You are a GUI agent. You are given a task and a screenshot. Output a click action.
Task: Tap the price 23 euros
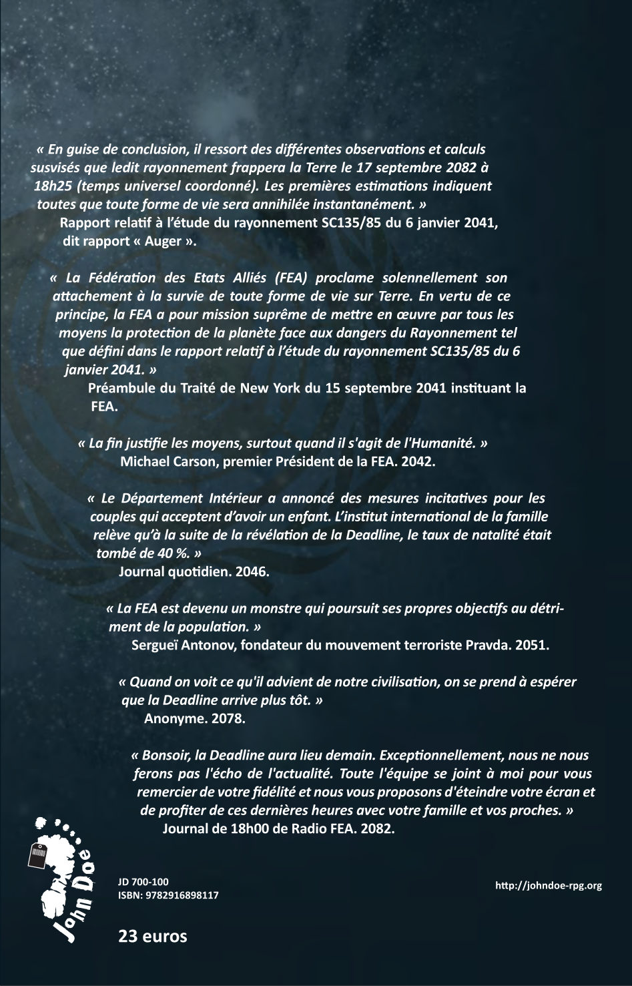coord(153,936)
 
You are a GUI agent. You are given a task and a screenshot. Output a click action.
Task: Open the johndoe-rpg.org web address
coord(549,886)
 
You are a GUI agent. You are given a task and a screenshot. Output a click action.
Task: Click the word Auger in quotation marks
coord(162,241)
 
